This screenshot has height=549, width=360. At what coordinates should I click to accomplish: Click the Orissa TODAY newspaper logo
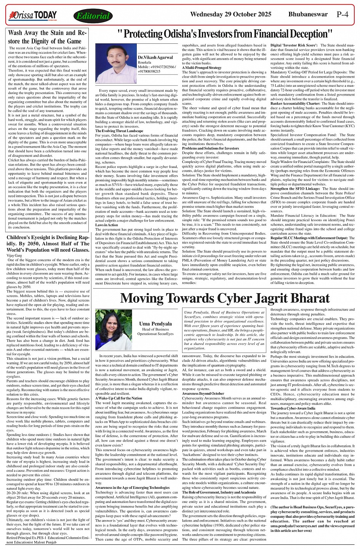pyautogui.click(x=33, y=15)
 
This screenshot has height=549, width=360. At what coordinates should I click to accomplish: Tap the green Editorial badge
pyautogui.click(x=93, y=16)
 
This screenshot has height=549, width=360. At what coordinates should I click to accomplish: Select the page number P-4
pyautogui.click(x=342, y=14)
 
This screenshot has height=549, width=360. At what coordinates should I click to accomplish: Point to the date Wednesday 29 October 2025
pyautogui.click(x=231, y=14)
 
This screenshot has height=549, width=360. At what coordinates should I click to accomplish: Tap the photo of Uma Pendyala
pyautogui.click(x=114, y=329)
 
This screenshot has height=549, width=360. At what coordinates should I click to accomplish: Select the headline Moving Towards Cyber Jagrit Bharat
pyautogui.click(x=225, y=298)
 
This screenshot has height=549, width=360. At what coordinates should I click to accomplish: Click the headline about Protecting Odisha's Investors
pyautogui.click(x=225, y=35)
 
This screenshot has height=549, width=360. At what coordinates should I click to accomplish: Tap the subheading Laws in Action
pyautogui.click(x=107, y=225)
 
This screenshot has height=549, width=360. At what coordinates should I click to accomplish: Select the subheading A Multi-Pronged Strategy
pyautogui.click(x=202, y=68)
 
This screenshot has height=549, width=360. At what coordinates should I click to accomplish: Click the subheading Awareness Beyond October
pyautogui.click(x=203, y=393)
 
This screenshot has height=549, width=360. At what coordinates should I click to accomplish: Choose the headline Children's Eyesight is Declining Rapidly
pyautogui.click(x=48, y=244)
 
